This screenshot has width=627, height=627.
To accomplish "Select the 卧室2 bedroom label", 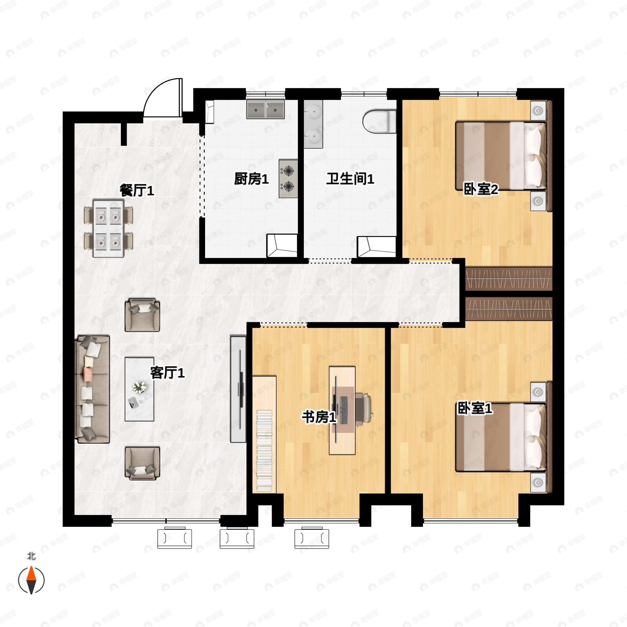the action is [x=481, y=189].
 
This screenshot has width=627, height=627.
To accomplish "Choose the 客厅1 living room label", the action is [x=167, y=373].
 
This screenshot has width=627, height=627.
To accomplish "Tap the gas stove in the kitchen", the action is [x=288, y=178].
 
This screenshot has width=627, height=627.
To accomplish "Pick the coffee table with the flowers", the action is [x=140, y=389].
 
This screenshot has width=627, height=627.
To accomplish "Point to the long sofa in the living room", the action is [x=92, y=390].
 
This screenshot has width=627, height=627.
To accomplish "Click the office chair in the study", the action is [x=363, y=409].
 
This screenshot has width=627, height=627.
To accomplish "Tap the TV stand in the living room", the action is [x=238, y=389].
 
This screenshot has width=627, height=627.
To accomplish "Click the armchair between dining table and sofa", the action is [x=142, y=315].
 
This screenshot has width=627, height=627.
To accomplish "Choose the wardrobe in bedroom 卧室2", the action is [x=509, y=279].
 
